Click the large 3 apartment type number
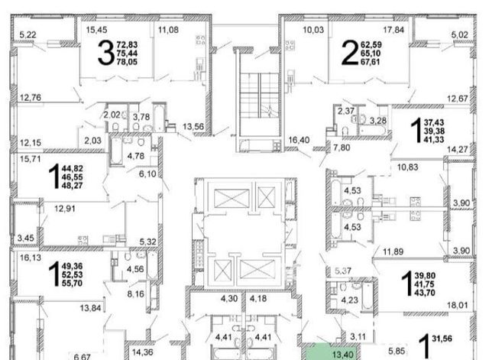click(x=106, y=54)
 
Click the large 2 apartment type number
click(x=350, y=54)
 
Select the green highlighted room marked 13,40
click(x=330, y=352)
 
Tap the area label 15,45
click(x=97, y=30)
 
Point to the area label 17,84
click(x=393, y=30)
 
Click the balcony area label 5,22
click(x=28, y=35)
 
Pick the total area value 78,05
click(x=127, y=62)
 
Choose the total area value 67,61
click(x=371, y=62)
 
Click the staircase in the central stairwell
click(x=260, y=96)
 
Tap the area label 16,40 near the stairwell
click(x=299, y=140)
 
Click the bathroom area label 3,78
click(x=141, y=117)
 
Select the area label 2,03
click(x=93, y=141)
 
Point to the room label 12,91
click(x=65, y=209)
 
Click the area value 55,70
click(x=72, y=284)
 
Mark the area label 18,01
click(x=458, y=306)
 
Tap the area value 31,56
click(x=442, y=339)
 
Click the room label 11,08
click(x=168, y=30)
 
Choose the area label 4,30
click(x=229, y=299)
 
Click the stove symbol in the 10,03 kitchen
click(x=290, y=46)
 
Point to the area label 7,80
click(x=342, y=148)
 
